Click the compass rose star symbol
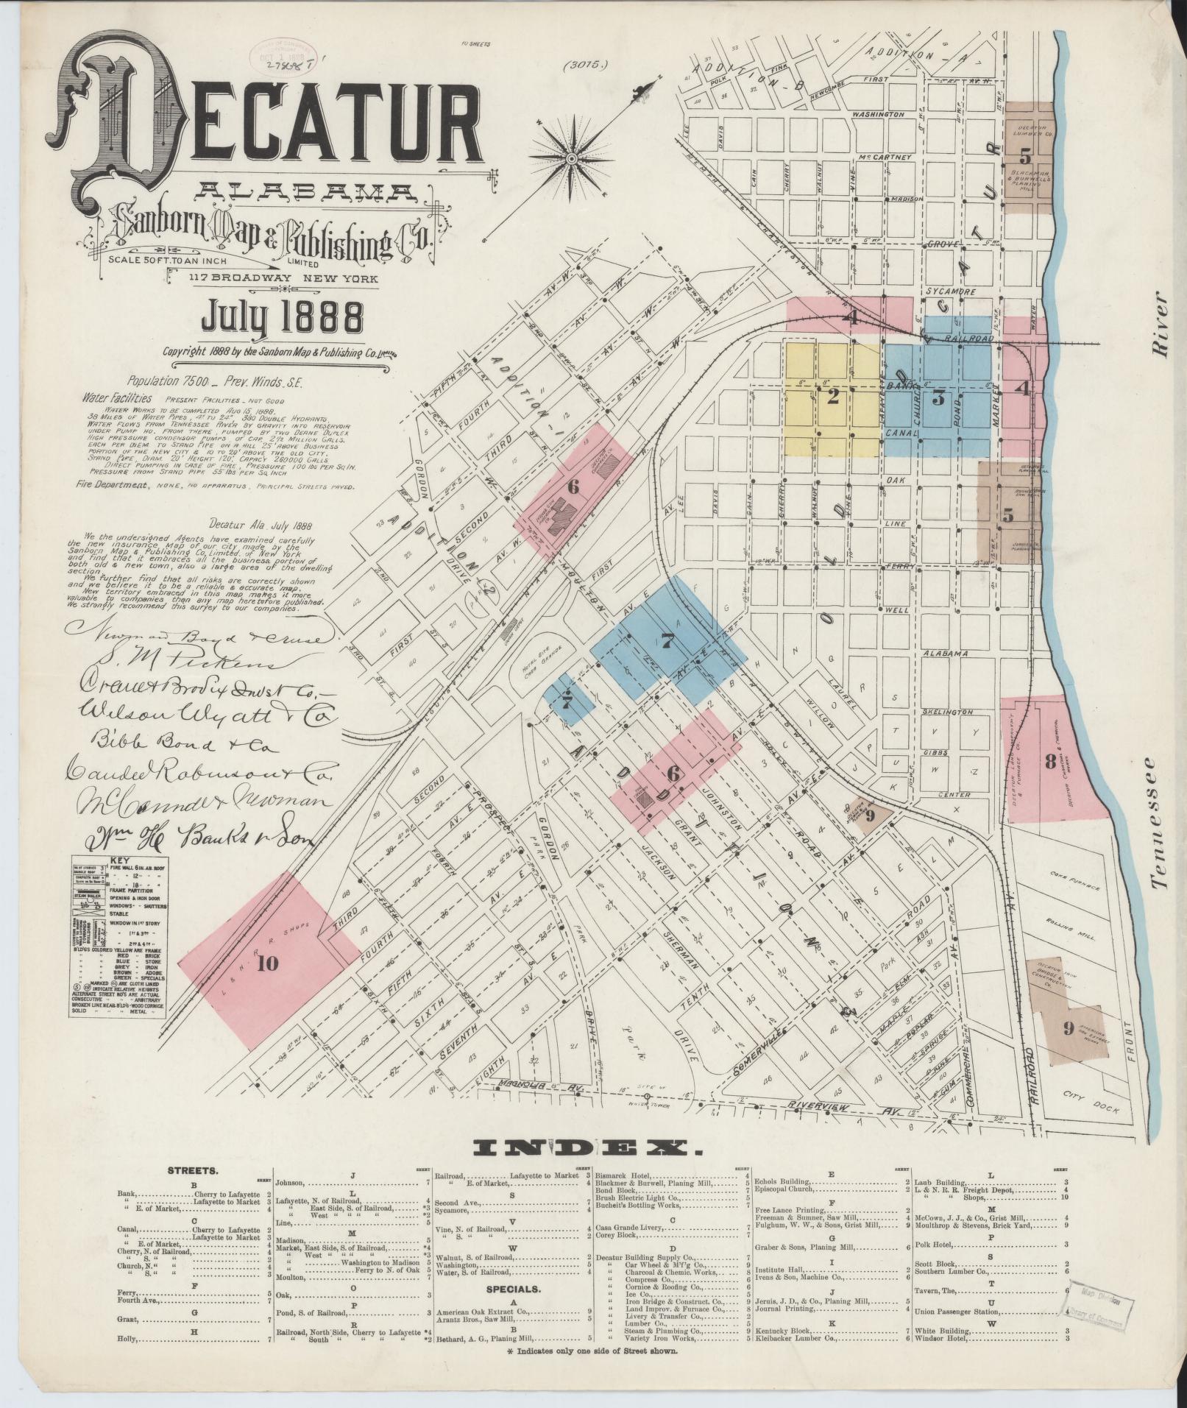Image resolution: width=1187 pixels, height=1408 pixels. [x=572, y=157]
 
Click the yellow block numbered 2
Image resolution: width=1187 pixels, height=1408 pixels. [x=832, y=398]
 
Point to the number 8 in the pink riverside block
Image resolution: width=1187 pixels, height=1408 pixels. [x=1051, y=762]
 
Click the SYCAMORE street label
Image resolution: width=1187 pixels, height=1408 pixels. [x=951, y=291]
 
